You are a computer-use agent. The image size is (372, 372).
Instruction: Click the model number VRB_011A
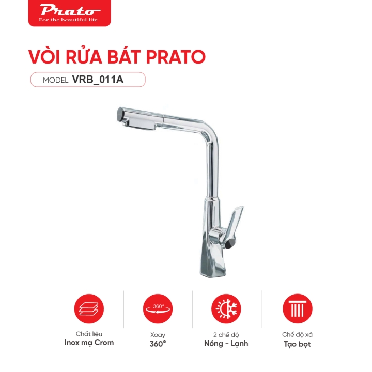point(101,80)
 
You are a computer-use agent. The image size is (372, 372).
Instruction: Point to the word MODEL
point(55,80)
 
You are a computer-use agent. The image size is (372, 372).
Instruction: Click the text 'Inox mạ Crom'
point(89,343)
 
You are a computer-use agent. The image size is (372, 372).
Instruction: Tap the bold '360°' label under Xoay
point(158,344)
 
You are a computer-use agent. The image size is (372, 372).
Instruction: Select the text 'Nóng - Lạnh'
point(226,344)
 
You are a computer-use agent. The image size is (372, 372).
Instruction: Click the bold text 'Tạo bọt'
point(297,344)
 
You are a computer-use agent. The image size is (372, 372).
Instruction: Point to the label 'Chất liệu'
point(89,334)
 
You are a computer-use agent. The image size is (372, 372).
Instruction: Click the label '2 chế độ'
point(226,334)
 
